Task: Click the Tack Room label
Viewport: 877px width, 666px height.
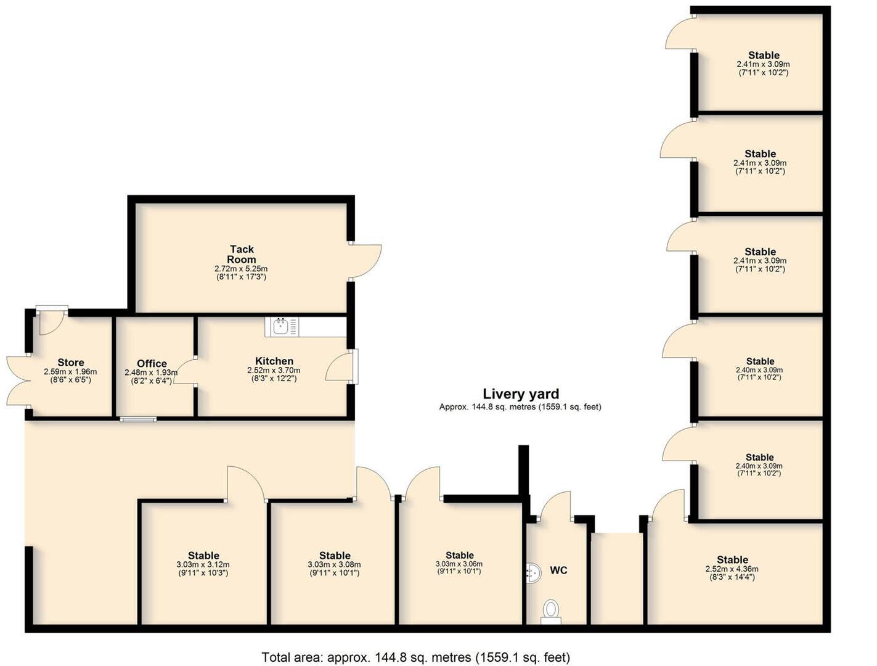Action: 242,254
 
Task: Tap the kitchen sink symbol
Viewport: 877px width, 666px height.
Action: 281,326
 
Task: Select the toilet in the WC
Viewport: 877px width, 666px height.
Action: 550,610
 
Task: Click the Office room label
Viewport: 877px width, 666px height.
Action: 152,363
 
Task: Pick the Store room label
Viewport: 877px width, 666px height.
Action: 71,363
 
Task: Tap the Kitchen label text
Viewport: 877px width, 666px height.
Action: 274,361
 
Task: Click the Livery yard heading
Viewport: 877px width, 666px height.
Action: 521,394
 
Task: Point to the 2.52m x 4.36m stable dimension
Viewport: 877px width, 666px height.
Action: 732,569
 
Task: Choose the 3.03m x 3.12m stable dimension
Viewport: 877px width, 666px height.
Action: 203,565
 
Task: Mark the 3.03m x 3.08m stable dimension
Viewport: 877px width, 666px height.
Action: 334,565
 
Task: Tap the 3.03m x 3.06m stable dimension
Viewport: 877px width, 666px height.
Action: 459,564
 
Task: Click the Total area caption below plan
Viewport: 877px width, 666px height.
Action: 416,657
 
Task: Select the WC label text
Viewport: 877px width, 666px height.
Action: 558,570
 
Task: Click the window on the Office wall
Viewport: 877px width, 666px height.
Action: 138,419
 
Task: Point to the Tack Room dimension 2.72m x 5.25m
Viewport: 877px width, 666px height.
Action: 241,269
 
